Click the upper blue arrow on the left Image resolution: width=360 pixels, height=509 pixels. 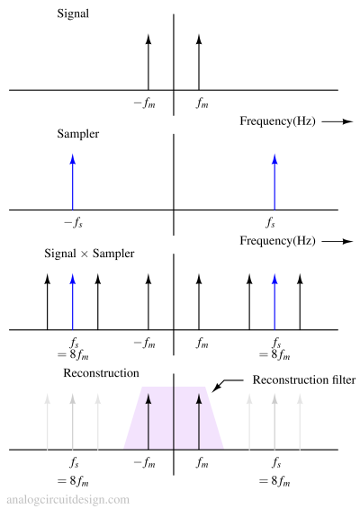click(x=73, y=183)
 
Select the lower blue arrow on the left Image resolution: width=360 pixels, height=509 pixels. click(x=73, y=302)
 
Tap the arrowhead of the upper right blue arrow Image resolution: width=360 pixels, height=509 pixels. click(x=274, y=159)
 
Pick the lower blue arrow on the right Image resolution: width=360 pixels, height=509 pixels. click(x=274, y=302)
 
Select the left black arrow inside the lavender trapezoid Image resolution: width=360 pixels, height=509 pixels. click(x=148, y=421)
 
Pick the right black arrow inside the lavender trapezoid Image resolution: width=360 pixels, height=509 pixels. click(x=199, y=421)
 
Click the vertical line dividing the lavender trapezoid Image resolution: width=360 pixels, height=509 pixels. click(x=174, y=417)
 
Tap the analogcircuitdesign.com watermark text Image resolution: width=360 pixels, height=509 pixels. click(x=67, y=499)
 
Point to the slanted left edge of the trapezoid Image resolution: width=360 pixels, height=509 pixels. click(x=133, y=417)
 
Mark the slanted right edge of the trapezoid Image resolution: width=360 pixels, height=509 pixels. click(x=214, y=417)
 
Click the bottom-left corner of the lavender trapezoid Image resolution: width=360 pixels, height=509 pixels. click(x=124, y=448)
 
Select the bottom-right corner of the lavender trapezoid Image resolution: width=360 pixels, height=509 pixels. click(x=223, y=448)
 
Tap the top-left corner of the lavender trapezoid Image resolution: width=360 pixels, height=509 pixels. click(x=142, y=387)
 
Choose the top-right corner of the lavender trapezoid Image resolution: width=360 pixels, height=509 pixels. click(x=205, y=387)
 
